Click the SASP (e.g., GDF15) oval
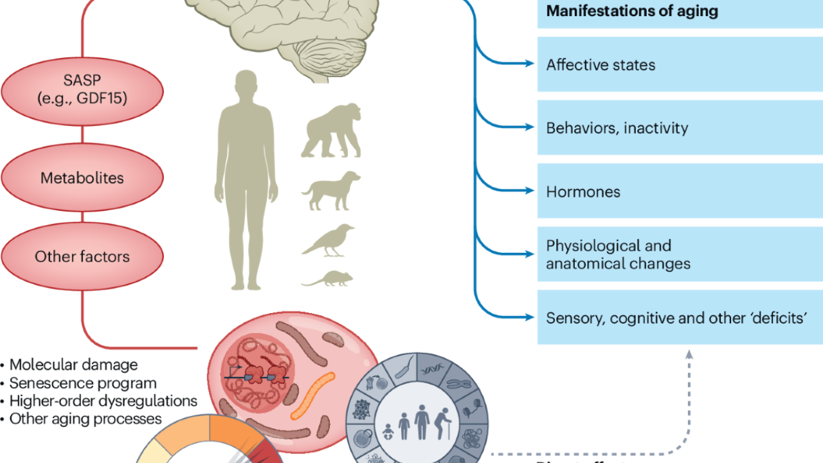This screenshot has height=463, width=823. click(x=82, y=91)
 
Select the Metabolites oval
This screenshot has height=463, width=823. click(x=82, y=177)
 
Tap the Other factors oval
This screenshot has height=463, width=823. click(x=82, y=257)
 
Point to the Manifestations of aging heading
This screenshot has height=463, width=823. click(x=632, y=11)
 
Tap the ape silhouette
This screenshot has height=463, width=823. click(x=330, y=136)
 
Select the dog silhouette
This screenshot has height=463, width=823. click(x=331, y=190)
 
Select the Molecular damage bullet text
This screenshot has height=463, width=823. click(x=73, y=365)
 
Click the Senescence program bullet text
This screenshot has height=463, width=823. click(x=83, y=383)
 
